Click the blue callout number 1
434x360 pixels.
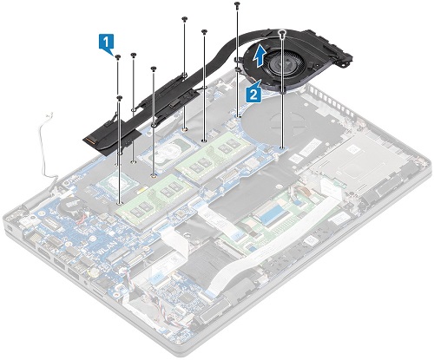tap(106, 41)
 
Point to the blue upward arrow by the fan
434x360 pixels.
tap(261, 58)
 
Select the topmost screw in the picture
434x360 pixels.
tap(237, 5)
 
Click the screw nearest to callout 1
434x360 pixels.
tap(117, 57)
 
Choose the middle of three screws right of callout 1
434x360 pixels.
tap(134, 56)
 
